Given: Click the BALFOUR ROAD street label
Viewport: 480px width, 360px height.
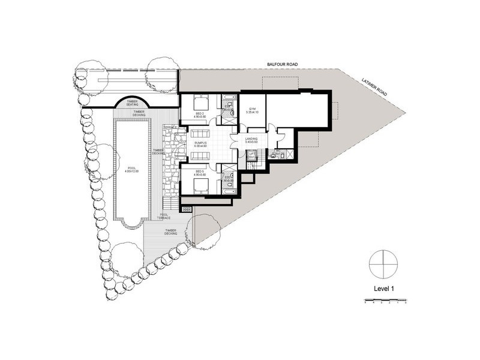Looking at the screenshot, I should (283, 64).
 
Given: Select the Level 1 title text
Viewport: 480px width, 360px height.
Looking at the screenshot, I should (383, 289).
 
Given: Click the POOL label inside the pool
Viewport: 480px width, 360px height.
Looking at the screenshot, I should (131, 170).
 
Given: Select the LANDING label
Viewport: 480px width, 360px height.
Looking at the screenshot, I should (252, 140).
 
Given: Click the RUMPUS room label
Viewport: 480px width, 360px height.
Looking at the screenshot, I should (200, 143).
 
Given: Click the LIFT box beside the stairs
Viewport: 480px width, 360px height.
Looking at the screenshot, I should (252, 155).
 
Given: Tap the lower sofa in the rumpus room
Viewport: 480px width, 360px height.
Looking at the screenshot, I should (200, 155).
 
